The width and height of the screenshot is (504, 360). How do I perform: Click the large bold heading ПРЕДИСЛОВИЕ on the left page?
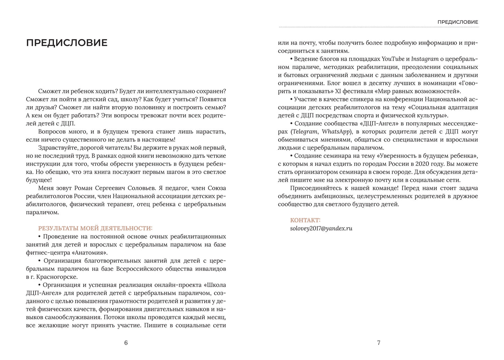click(67, 43)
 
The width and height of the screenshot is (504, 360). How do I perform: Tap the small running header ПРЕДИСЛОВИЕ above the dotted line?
click(458, 22)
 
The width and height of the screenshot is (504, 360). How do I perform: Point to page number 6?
click(126, 343)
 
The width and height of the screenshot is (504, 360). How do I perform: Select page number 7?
click(379, 343)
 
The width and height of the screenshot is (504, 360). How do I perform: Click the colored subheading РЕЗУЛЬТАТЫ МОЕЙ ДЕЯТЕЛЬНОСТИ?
click(95, 229)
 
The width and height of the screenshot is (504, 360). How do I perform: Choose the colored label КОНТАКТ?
click(305, 220)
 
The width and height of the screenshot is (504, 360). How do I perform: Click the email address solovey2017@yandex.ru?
click(321, 229)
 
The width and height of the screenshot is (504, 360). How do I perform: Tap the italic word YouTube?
click(393, 59)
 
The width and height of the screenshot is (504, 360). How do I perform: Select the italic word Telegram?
click(305, 132)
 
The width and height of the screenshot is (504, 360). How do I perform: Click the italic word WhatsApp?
click(336, 132)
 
